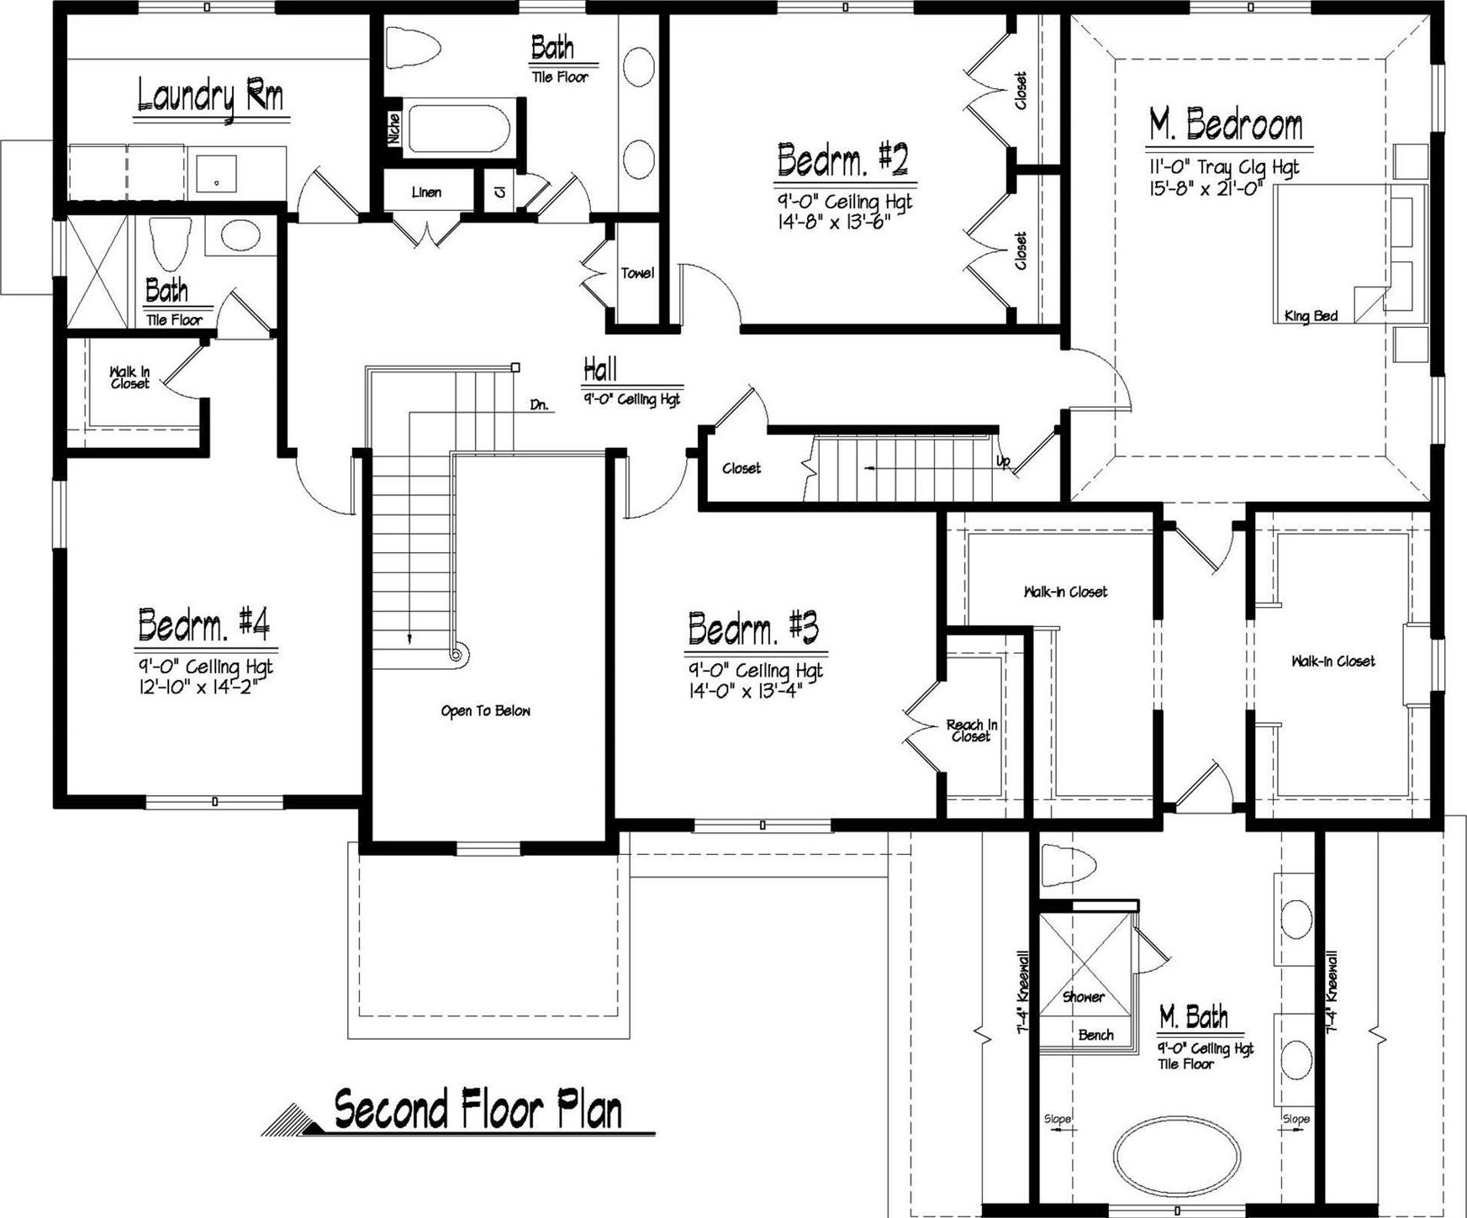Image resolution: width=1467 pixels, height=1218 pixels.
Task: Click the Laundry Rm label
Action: point(210,97)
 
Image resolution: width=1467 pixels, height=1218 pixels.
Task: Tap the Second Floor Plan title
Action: point(478,1110)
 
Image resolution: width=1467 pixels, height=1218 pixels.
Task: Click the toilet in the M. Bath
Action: point(1069,864)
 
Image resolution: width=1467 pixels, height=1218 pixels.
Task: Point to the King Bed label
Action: point(1311,317)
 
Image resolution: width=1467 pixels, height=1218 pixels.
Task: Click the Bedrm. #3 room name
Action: point(752,628)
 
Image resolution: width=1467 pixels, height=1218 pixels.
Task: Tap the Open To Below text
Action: point(485,711)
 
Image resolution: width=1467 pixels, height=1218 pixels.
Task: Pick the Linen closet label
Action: point(426,192)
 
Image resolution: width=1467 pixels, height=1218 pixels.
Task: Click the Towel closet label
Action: point(637,273)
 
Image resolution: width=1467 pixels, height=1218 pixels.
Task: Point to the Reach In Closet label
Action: point(971,730)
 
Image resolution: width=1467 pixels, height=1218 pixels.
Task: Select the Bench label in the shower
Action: point(1095,1036)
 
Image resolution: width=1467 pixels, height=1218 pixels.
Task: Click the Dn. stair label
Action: point(539,405)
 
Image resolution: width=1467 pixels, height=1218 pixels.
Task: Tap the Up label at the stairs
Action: point(1003,461)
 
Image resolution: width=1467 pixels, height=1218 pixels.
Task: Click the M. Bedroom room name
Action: point(1226,125)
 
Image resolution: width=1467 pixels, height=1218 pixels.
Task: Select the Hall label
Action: point(600,369)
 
